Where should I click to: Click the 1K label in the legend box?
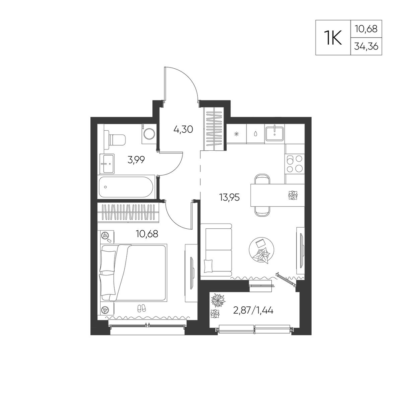click(x=333, y=37)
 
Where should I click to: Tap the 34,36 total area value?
click(x=366, y=46)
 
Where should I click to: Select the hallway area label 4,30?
click(x=183, y=129)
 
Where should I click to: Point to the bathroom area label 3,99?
click(x=136, y=160)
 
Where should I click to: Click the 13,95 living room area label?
click(x=230, y=197)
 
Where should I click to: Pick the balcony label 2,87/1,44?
click(x=253, y=310)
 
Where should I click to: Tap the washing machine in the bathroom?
click(x=149, y=133)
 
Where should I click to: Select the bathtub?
click(x=126, y=187)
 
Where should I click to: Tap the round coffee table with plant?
click(x=262, y=250)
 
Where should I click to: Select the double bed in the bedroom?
click(x=133, y=273)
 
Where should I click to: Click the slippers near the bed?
click(x=142, y=308)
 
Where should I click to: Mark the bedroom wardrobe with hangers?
click(x=129, y=213)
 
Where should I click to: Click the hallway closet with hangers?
click(x=214, y=128)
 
